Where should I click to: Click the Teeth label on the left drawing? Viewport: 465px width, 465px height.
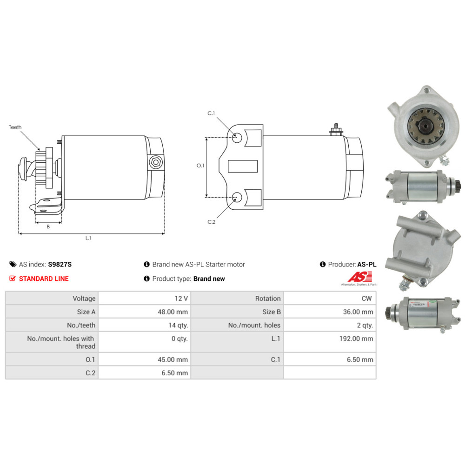(x=15, y=127)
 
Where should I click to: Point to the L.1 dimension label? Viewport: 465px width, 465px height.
(x=88, y=238)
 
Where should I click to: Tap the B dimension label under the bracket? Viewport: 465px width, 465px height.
(x=48, y=227)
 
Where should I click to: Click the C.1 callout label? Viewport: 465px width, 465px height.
(x=211, y=113)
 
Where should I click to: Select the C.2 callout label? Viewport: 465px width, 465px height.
(x=212, y=222)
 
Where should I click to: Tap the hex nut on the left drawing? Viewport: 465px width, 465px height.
(x=155, y=163)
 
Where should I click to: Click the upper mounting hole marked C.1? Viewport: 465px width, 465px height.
(x=237, y=138)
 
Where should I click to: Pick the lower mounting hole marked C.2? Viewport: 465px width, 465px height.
(x=237, y=197)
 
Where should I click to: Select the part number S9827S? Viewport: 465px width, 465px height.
(x=60, y=265)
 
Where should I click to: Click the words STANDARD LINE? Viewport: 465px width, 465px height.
(x=43, y=279)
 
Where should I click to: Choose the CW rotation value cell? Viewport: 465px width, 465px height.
(x=366, y=299)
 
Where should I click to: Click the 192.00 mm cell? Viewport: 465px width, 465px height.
(x=356, y=339)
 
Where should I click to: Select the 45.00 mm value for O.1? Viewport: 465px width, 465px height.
(x=173, y=359)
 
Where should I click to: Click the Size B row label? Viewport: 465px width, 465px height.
(x=268, y=312)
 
